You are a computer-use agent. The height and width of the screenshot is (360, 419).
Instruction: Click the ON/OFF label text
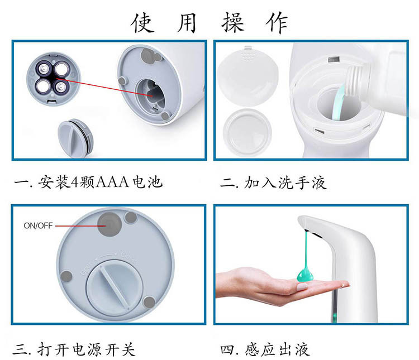point(38,225)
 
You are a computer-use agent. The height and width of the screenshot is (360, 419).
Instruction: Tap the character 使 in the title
point(142,23)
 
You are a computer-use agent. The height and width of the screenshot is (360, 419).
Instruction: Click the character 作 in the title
point(277,23)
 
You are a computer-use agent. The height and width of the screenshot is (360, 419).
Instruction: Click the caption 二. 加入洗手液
point(273,183)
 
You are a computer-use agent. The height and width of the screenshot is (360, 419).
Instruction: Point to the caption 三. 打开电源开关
point(74,349)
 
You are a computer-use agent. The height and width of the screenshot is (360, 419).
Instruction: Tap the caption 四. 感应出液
point(265,349)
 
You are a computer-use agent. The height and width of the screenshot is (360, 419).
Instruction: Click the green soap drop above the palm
point(305,275)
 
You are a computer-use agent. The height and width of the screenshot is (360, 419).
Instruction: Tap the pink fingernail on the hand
point(302,287)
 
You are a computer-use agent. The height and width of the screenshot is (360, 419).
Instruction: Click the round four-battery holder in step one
point(53,79)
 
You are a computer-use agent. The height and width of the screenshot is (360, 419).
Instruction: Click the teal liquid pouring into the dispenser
point(338,103)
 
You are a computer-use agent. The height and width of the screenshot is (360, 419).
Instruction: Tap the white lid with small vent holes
point(247,75)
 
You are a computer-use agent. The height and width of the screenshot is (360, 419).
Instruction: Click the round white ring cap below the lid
point(247,132)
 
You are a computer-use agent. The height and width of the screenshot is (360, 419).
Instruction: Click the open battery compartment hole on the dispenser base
point(151,94)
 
